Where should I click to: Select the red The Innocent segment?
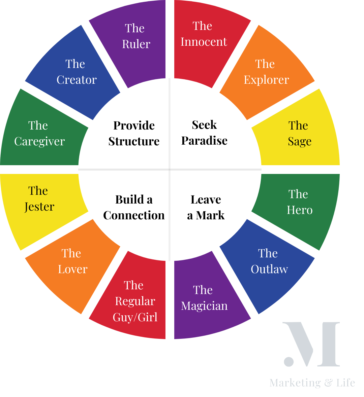(x=204, y=35)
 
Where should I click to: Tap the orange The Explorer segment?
(x=266, y=72)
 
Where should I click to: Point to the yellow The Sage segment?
(x=299, y=134)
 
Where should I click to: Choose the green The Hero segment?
(x=299, y=203)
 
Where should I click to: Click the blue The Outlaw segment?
(x=269, y=262)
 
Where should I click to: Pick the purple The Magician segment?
(x=204, y=299)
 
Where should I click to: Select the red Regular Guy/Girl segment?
(x=135, y=301)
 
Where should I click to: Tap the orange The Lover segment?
(x=72, y=262)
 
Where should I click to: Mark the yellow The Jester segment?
(x=39, y=199)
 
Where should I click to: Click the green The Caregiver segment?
(x=39, y=134)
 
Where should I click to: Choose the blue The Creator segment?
(x=76, y=72)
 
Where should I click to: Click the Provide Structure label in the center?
(x=134, y=134)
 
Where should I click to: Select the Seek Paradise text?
(x=204, y=133)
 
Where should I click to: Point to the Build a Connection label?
(x=134, y=208)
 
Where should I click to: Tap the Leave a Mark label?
(x=206, y=208)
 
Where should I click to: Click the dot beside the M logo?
(x=289, y=362)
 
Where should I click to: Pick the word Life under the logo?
(x=345, y=383)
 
